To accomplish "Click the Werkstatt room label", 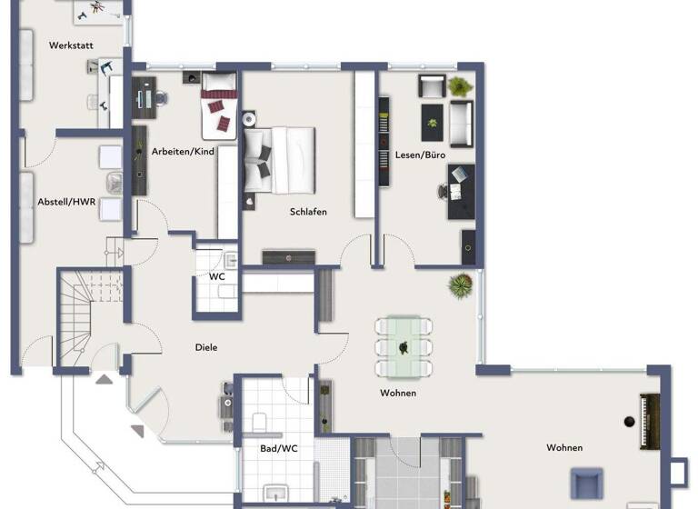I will [73, 44].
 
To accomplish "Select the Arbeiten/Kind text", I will [183, 152].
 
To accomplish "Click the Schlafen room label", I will [308, 212].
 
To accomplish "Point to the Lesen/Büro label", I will [420, 155].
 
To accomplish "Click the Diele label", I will [206, 347].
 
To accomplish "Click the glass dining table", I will [402, 346].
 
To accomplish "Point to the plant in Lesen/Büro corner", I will [460, 87].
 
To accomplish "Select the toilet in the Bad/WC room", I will [259, 422].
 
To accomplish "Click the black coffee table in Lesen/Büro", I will [431, 116].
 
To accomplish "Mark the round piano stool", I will [628, 421].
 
